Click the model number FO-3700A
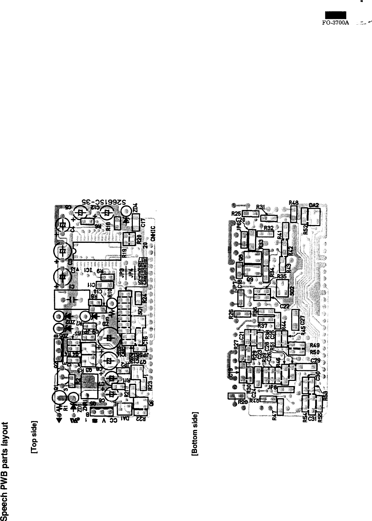[337, 20]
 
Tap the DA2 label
[314, 205]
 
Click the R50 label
[315, 352]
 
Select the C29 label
[315, 360]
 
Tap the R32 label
[268, 228]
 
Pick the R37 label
[263, 325]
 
